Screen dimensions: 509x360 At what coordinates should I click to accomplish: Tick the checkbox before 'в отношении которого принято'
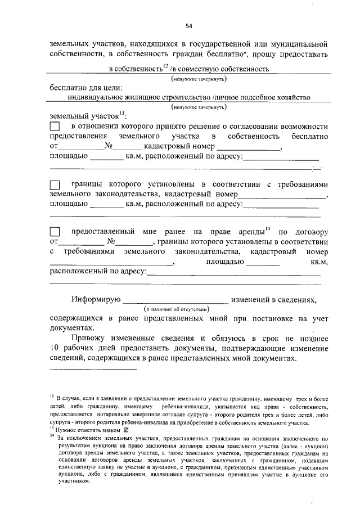coord(56,127)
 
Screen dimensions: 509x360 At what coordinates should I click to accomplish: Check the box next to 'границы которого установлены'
coord(56,184)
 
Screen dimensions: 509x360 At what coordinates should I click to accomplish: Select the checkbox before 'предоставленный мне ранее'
coord(56,232)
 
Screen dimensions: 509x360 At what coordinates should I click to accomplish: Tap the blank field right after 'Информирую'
coord(175,300)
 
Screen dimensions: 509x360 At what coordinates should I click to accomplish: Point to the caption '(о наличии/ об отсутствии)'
coord(175,309)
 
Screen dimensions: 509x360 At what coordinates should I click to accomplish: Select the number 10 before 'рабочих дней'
coord(55,348)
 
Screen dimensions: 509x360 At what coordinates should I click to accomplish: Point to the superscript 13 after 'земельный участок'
coord(122,112)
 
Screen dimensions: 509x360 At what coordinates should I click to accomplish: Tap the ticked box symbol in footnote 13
coord(125,429)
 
